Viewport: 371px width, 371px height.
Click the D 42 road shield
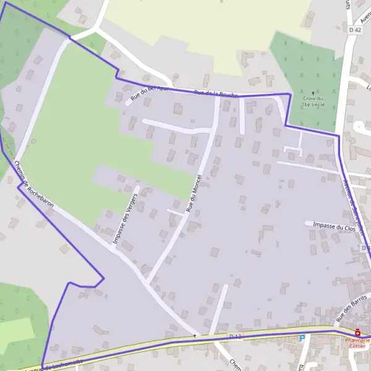pos(354,30)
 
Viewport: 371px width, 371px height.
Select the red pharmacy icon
pos(357,332)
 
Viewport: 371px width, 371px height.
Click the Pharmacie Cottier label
pos(357,343)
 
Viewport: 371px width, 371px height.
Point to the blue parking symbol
pos(302,338)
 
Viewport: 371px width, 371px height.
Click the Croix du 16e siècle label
pos(313,101)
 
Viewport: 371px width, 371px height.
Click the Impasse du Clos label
pos(335,227)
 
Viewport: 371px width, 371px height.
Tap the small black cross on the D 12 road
pos(194,336)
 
